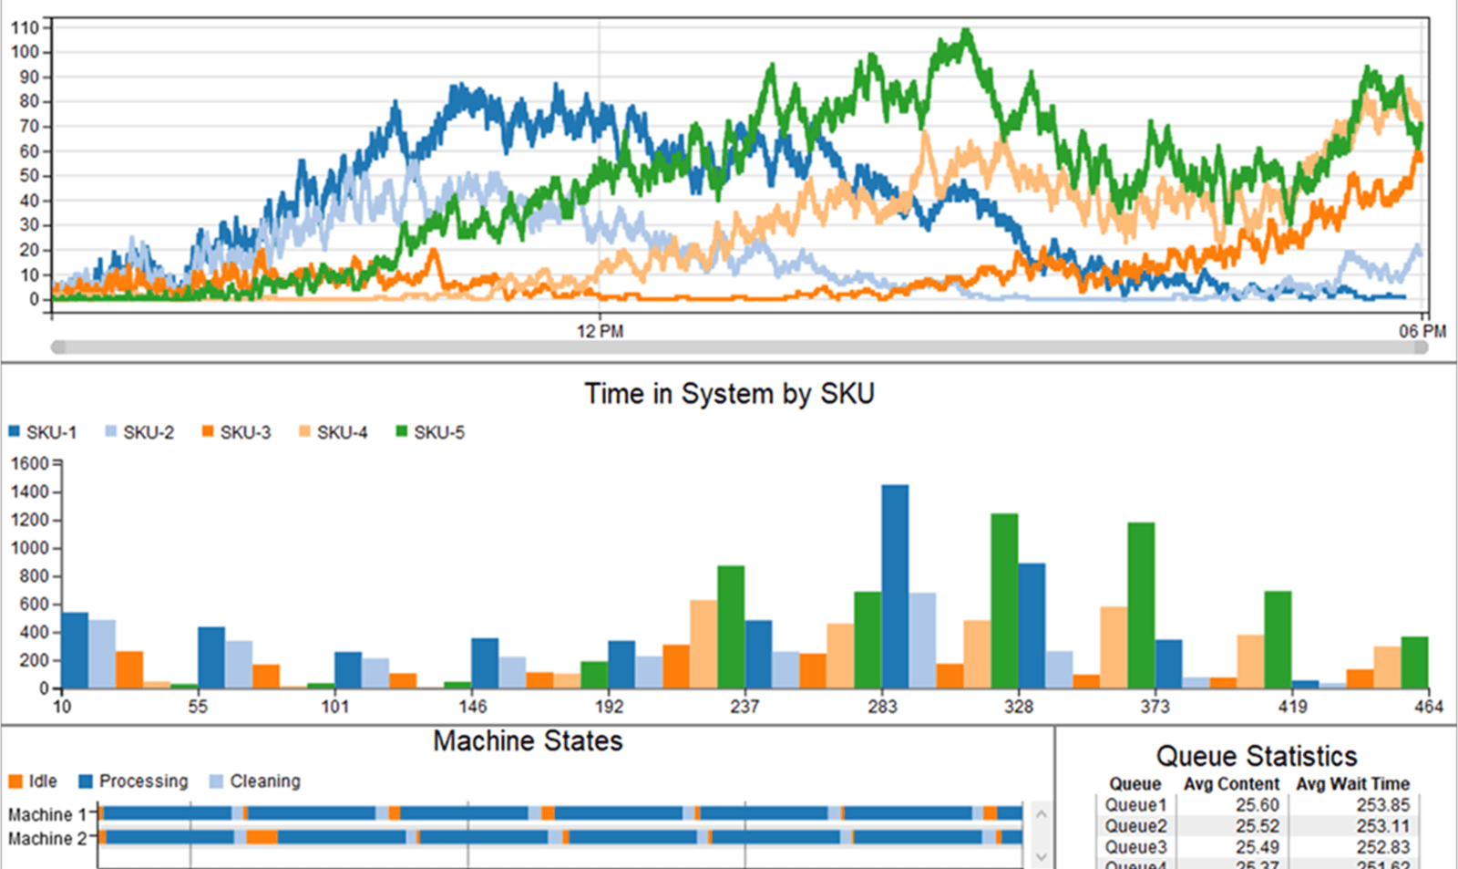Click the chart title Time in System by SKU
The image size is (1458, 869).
click(729, 394)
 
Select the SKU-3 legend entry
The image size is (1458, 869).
click(237, 432)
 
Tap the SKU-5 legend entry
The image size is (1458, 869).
click(430, 432)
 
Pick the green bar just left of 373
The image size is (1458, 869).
click(1141, 605)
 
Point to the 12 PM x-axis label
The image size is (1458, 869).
click(600, 331)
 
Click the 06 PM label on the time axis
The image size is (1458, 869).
click(1422, 331)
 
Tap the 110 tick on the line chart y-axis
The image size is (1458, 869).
click(25, 27)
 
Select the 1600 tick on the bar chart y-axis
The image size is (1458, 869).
click(29, 463)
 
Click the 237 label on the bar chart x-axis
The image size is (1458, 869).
click(744, 707)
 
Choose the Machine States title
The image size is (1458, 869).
click(528, 741)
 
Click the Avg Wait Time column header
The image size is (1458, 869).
click(1352, 784)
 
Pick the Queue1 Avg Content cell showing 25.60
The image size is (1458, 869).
click(1257, 805)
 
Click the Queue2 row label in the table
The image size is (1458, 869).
click(1135, 826)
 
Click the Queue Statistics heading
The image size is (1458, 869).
click(1256, 756)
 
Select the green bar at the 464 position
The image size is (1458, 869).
click(1414, 663)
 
